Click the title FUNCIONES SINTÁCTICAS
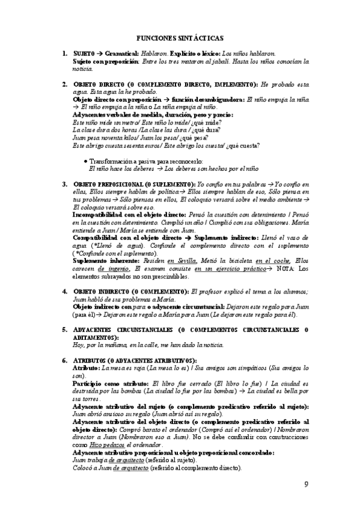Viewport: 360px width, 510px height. (180, 37)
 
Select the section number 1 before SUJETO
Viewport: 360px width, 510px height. (64, 54)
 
